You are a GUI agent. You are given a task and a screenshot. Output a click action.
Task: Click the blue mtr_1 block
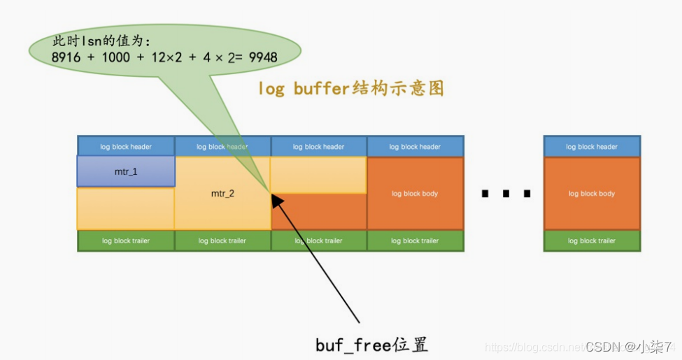click(x=126, y=171)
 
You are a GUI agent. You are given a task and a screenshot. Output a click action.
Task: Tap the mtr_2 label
click(x=222, y=194)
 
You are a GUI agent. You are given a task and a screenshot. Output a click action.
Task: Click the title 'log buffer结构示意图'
click(x=350, y=89)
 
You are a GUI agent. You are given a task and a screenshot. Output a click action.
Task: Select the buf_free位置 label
click(x=371, y=345)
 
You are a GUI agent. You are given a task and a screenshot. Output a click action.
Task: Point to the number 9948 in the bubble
click(x=259, y=57)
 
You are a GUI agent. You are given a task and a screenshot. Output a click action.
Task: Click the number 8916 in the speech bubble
click(x=67, y=57)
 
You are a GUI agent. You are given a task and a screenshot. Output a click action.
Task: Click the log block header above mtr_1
click(x=126, y=147)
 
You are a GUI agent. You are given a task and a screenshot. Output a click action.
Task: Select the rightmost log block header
click(x=592, y=147)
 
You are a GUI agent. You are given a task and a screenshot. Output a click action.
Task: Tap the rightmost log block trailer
click(x=592, y=240)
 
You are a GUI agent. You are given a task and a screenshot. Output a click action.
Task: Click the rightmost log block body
click(x=592, y=194)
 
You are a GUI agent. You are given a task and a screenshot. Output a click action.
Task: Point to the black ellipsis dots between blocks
click(x=505, y=194)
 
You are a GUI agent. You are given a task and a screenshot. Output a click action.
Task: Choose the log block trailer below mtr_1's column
click(x=126, y=240)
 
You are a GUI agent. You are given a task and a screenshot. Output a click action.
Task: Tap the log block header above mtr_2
click(x=222, y=147)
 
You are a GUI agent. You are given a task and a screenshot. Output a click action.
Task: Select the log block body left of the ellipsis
click(x=415, y=194)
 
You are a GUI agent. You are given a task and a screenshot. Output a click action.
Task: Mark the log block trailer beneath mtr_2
click(x=222, y=240)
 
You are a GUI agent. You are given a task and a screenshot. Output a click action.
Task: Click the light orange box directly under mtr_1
click(x=126, y=208)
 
